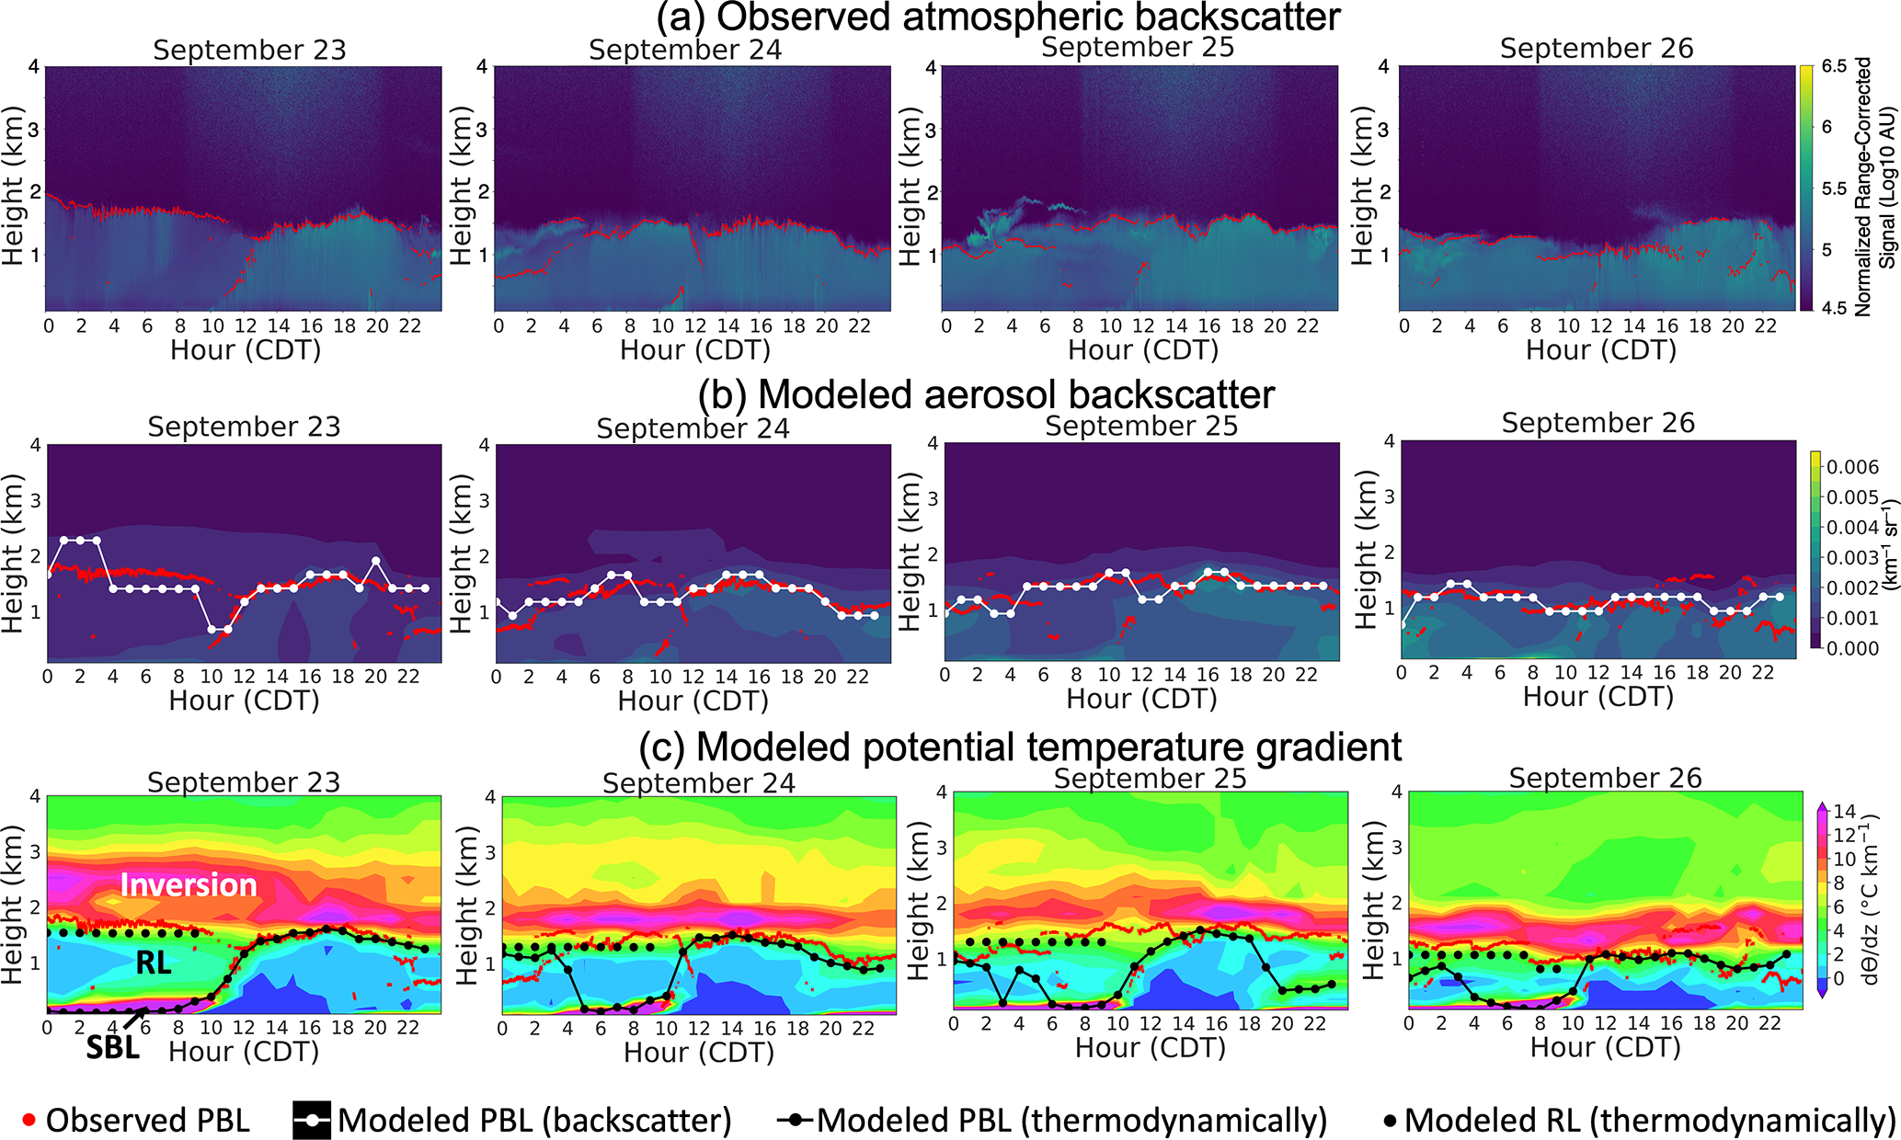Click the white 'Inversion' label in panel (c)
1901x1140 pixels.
189,884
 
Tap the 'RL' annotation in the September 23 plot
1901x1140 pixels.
154,963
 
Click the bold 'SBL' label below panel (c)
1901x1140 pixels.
112,1047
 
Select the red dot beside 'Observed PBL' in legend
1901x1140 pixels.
29,1121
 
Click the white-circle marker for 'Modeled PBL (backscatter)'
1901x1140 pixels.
312,1121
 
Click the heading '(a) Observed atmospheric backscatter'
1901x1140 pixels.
998,17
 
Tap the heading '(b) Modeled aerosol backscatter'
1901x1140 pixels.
986,394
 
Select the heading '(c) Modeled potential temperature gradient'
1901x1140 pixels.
1021,747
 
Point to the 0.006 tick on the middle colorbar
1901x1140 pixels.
1851,467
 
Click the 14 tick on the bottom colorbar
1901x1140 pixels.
1844,812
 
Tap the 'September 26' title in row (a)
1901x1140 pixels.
1596,49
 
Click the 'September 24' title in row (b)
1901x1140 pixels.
693,428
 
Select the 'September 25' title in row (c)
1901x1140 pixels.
1150,779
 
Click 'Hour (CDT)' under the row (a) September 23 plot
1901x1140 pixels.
246,350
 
